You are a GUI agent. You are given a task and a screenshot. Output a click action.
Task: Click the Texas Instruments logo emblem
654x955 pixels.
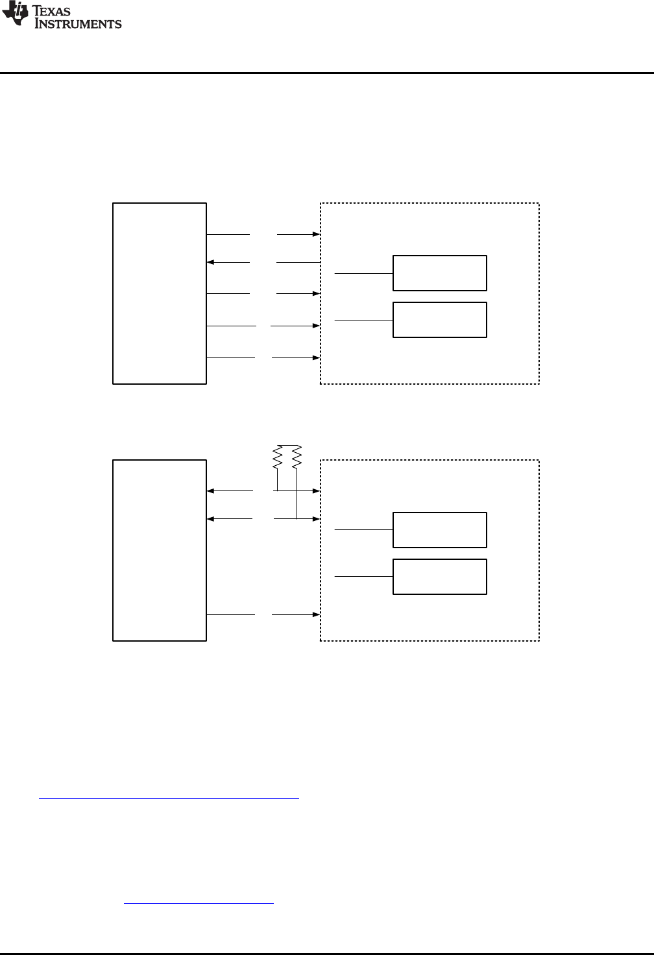tap(16, 14)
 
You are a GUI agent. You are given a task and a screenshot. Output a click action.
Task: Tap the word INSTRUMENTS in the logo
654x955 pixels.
tap(78, 24)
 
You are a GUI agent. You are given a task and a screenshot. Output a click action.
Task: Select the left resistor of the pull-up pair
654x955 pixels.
tap(277, 457)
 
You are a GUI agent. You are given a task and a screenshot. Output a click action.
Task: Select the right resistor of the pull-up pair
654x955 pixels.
tap(297, 457)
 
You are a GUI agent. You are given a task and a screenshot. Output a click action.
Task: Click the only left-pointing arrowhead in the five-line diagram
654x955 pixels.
tap(210, 262)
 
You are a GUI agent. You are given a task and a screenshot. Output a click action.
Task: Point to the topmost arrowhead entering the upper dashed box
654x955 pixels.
tap(317, 234)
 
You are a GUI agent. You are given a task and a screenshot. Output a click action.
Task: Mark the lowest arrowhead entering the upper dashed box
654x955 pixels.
tap(317, 357)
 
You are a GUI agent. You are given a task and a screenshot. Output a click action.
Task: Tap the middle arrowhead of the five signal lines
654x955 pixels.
tap(317, 294)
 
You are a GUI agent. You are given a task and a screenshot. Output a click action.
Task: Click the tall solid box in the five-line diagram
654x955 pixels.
tap(160, 293)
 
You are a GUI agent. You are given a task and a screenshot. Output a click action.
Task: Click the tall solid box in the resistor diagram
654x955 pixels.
tap(160, 550)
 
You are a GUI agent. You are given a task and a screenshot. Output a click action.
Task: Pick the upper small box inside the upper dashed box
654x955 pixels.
tap(440, 273)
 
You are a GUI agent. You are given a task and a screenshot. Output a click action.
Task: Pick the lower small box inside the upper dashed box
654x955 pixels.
tap(440, 320)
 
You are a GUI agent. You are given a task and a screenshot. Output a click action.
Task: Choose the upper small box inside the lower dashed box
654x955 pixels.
tap(440, 530)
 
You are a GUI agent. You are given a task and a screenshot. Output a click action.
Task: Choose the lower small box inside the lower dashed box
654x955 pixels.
tap(440, 577)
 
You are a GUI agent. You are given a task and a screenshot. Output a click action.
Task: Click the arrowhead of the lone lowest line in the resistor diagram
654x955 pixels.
tap(317, 614)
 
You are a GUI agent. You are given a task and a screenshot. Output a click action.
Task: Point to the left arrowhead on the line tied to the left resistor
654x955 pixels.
tap(210, 491)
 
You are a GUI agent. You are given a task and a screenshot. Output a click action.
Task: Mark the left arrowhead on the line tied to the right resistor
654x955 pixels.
tap(210, 519)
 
